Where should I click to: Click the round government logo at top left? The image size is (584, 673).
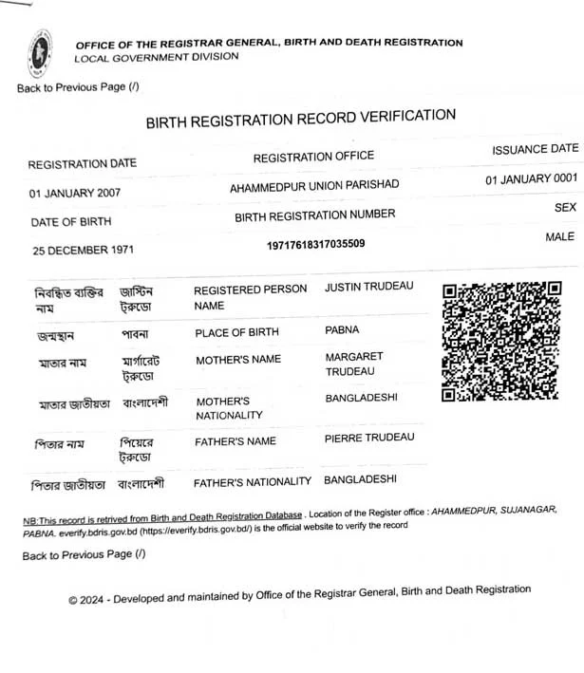point(40,55)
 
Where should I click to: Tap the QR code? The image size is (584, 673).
point(500,342)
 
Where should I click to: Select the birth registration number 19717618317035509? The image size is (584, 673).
point(316,244)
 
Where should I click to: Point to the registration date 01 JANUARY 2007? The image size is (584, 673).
point(75,193)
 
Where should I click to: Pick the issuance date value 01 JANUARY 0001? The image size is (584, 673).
point(531,178)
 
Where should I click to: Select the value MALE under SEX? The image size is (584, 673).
point(559,236)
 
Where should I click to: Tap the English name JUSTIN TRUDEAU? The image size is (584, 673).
point(369,287)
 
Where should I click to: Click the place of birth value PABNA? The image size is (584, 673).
point(342,329)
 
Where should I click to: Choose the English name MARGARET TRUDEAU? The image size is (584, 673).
point(354,363)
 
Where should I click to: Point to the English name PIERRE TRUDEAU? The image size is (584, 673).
point(369,438)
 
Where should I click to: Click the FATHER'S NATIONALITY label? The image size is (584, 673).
point(252,482)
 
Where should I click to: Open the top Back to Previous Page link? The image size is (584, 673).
point(78,87)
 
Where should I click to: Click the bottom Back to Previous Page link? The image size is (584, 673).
point(84,554)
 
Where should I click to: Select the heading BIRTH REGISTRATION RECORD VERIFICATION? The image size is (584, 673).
point(300,119)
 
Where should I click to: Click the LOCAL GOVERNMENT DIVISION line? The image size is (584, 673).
point(157,57)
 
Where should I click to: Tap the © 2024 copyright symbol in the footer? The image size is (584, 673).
point(72,600)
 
